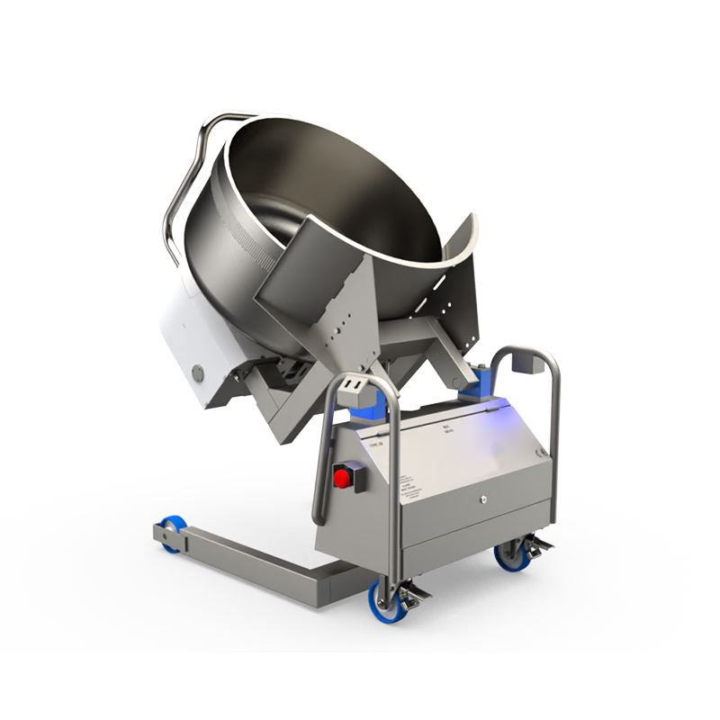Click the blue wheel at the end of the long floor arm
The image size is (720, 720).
[171, 531]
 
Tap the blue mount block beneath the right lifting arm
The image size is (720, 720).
[479, 382]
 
